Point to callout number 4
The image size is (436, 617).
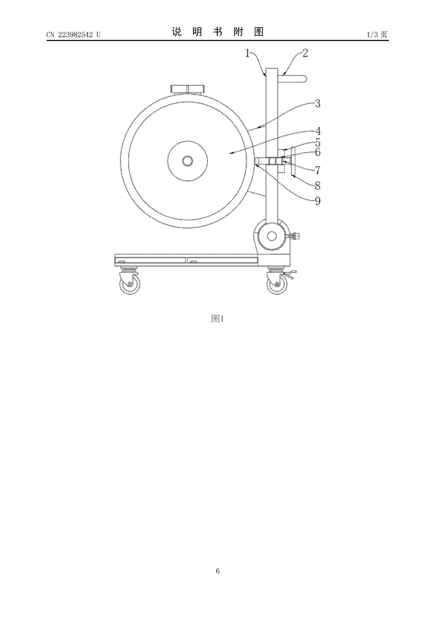click(x=318, y=131)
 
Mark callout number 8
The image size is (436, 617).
click(x=318, y=185)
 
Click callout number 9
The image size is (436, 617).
click(x=318, y=201)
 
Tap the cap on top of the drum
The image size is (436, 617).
click(x=188, y=89)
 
